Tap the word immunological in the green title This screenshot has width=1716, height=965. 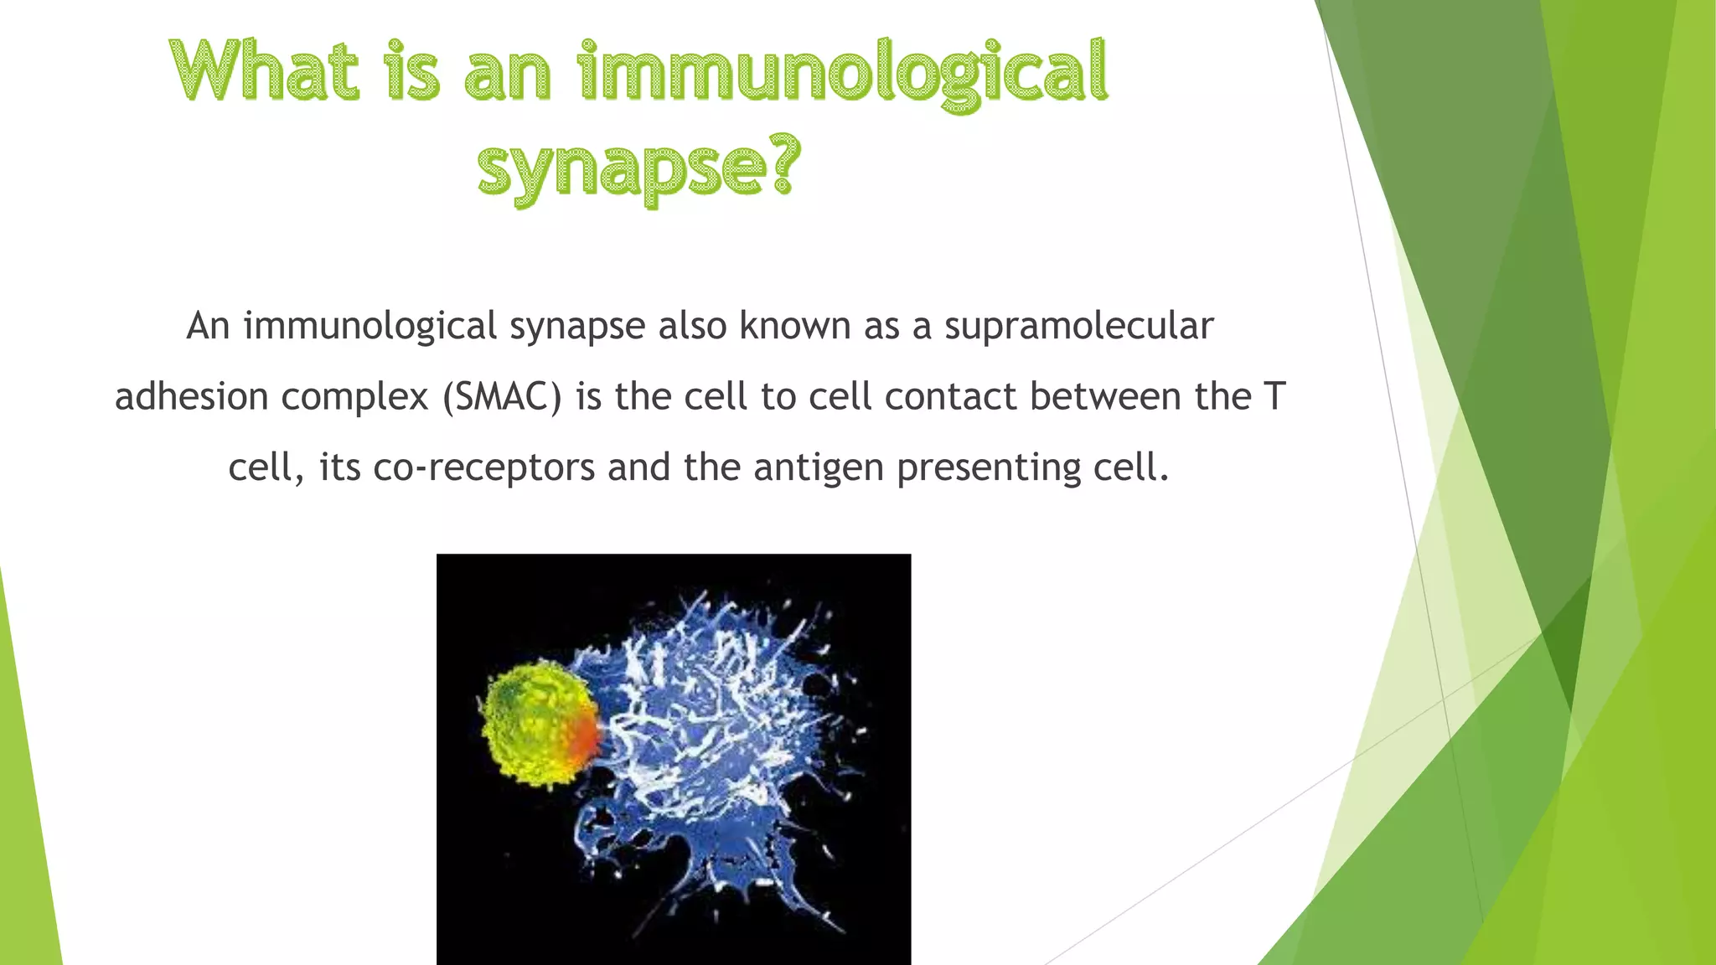pos(843,75)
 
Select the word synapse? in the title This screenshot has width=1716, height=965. pos(639,168)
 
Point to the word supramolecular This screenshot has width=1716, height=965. pos(1078,326)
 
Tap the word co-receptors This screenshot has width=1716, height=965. pos(483,467)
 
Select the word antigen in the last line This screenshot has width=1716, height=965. pos(818,467)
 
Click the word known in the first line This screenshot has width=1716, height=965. pos(794,326)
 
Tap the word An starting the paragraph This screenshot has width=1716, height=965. pos(208,326)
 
